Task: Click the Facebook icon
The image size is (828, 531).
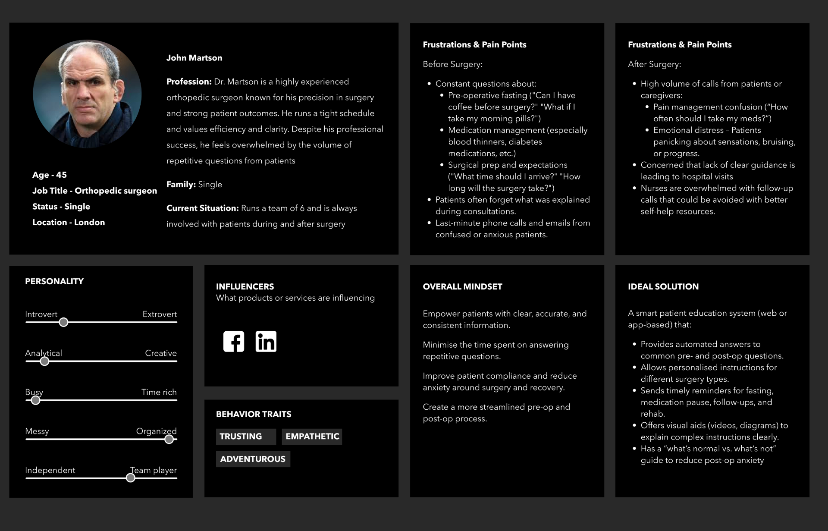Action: (x=234, y=342)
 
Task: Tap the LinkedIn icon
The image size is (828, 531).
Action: (x=266, y=342)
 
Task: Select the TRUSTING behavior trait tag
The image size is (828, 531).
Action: (x=245, y=437)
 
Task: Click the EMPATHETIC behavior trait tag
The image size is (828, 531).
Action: (x=312, y=437)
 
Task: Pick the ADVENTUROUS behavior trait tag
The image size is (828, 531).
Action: (x=253, y=459)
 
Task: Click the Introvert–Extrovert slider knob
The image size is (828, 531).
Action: (x=63, y=322)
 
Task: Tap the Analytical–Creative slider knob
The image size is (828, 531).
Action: (x=44, y=361)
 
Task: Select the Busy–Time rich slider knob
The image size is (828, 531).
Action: (x=36, y=400)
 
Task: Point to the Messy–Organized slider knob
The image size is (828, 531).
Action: (x=169, y=439)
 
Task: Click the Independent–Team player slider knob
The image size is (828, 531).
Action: (x=130, y=478)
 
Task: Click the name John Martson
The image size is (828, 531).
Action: (x=194, y=58)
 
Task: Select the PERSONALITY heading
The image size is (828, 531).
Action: (x=54, y=281)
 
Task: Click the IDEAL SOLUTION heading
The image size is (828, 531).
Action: (x=663, y=286)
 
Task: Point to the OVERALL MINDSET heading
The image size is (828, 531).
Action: (x=462, y=286)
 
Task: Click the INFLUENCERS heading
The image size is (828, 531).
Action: (x=245, y=286)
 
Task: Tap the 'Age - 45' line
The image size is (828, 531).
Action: (x=50, y=175)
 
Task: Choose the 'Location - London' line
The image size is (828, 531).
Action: (x=69, y=222)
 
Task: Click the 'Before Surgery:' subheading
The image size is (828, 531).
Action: (x=452, y=64)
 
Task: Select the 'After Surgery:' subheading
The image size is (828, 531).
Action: (x=654, y=64)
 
